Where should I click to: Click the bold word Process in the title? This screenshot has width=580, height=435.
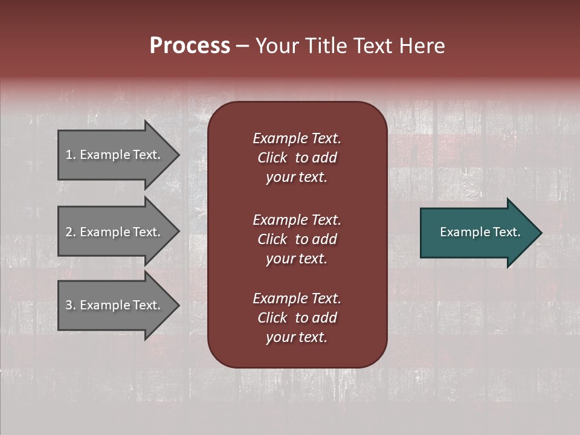[190, 46]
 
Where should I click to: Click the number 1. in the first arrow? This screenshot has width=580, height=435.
[71, 155]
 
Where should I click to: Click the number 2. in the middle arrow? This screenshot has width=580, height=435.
[71, 232]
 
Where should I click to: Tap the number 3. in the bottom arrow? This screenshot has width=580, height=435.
[71, 305]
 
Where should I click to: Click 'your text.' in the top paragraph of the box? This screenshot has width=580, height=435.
[297, 178]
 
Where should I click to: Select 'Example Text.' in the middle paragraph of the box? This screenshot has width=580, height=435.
[297, 220]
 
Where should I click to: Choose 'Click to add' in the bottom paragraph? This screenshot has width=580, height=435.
[297, 318]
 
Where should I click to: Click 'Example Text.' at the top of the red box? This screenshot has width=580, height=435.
[297, 138]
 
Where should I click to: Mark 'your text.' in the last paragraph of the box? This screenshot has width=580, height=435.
[297, 338]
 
